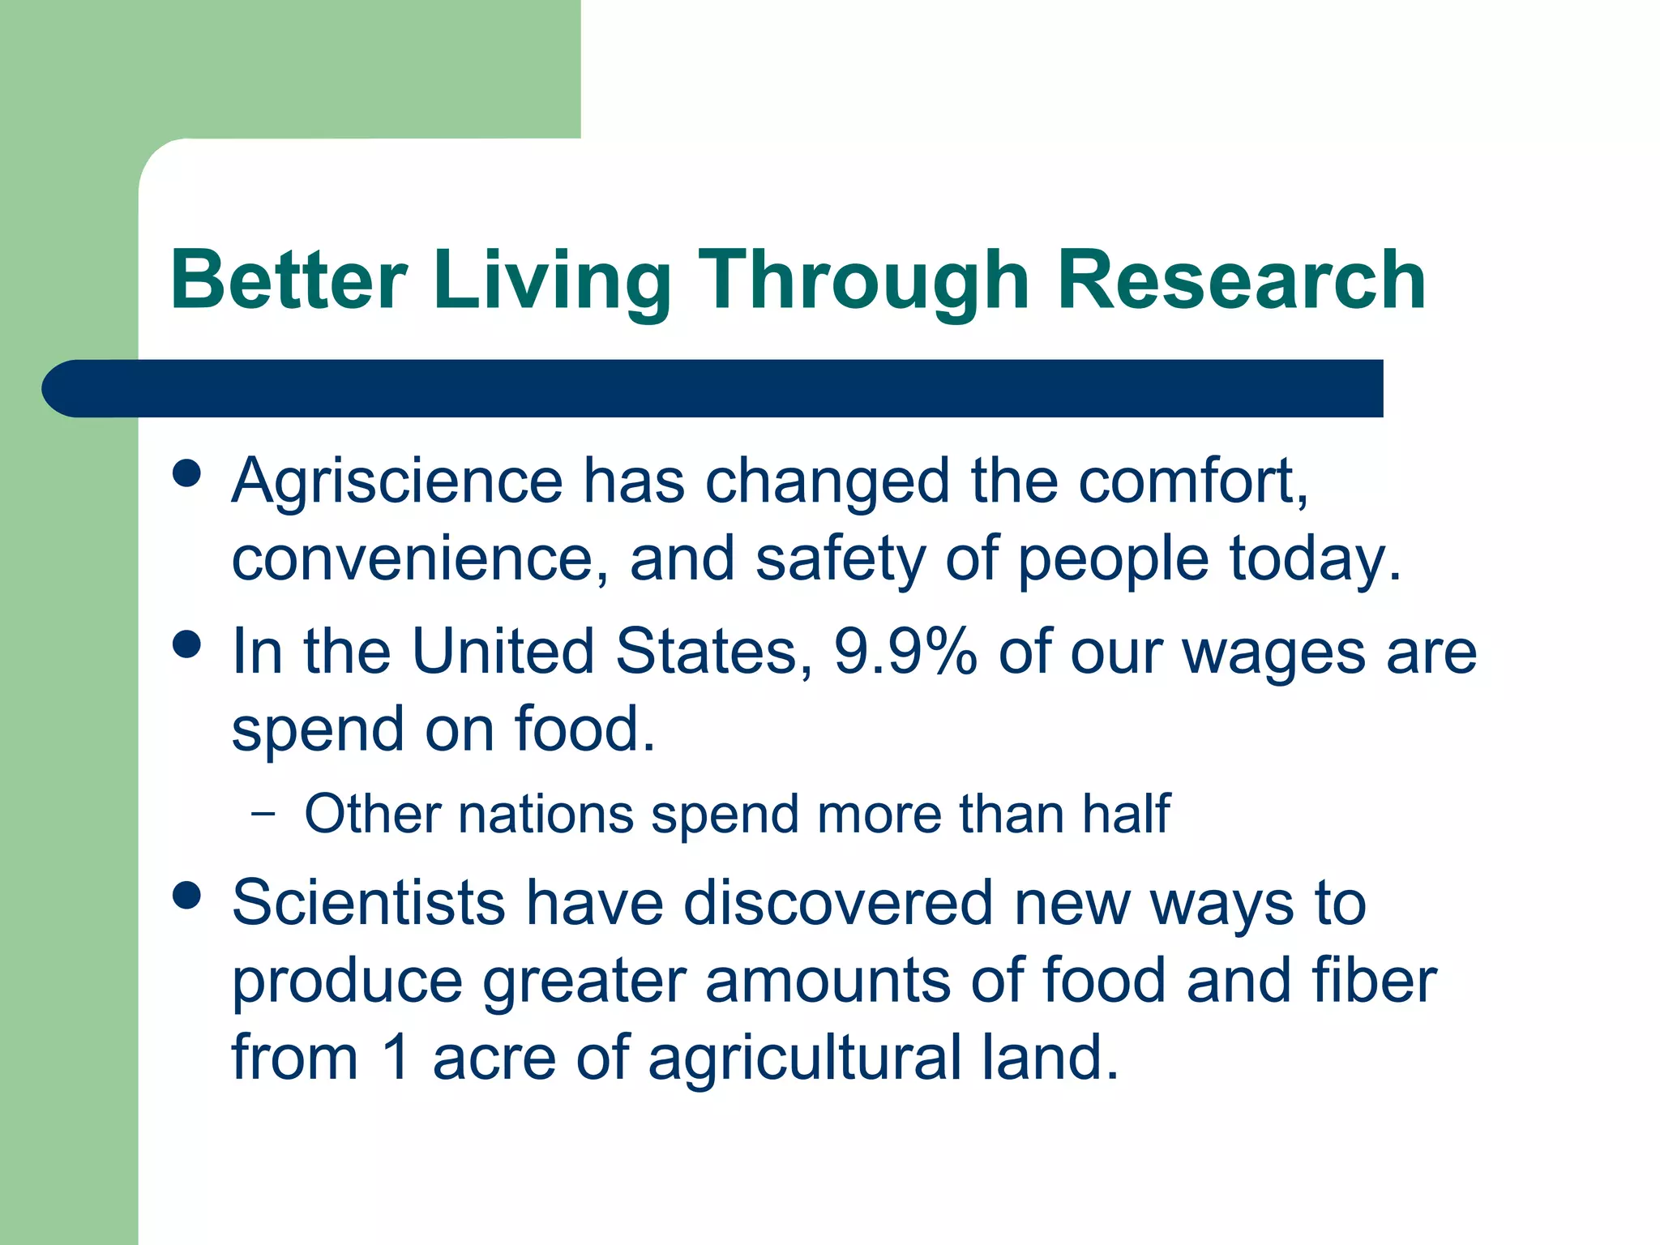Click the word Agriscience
[397, 482]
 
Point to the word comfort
[1192, 482]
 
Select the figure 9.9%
[905, 651]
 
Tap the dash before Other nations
[263, 813]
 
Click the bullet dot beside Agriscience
[187, 473]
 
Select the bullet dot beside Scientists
[187, 896]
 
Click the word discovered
[839, 902]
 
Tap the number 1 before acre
[396, 1057]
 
